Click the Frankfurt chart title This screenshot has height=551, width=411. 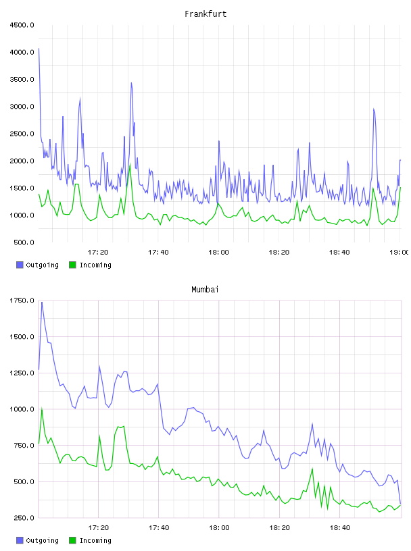click(x=205, y=14)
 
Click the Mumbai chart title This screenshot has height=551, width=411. click(x=205, y=290)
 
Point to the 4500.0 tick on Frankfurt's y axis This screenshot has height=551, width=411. click(x=22, y=25)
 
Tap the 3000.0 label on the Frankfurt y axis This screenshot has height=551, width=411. click(x=22, y=107)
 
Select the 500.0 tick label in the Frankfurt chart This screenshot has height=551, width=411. click(x=24, y=242)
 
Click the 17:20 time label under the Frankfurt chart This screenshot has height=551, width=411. click(x=98, y=253)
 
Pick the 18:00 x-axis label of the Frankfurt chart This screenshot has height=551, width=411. click(x=218, y=253)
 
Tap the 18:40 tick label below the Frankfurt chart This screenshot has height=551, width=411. click(x=339, y=253)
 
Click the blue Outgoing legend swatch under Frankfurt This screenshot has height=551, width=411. click(x=20, y=265)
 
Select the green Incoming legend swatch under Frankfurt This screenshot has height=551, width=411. click(x=72, y=265)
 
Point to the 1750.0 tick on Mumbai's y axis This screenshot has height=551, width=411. click(x=22, y=300)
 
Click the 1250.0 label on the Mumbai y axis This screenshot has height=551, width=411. click(x=22, y=373)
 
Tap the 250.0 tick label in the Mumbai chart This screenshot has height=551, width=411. click(x=24, y=518)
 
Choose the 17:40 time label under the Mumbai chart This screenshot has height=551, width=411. click(x=158, y=528)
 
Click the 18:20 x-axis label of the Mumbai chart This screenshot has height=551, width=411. click(x=279, y=528)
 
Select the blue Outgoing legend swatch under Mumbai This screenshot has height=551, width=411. click(x=20, y=540)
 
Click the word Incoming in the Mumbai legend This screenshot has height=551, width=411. click(x=95, y=541)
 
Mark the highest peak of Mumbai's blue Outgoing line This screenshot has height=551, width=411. click(x=42, y=303)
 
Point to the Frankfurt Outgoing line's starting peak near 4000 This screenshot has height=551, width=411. click(x=39, y=49)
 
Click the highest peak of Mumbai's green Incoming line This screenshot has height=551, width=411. click(x=42, y=409)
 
